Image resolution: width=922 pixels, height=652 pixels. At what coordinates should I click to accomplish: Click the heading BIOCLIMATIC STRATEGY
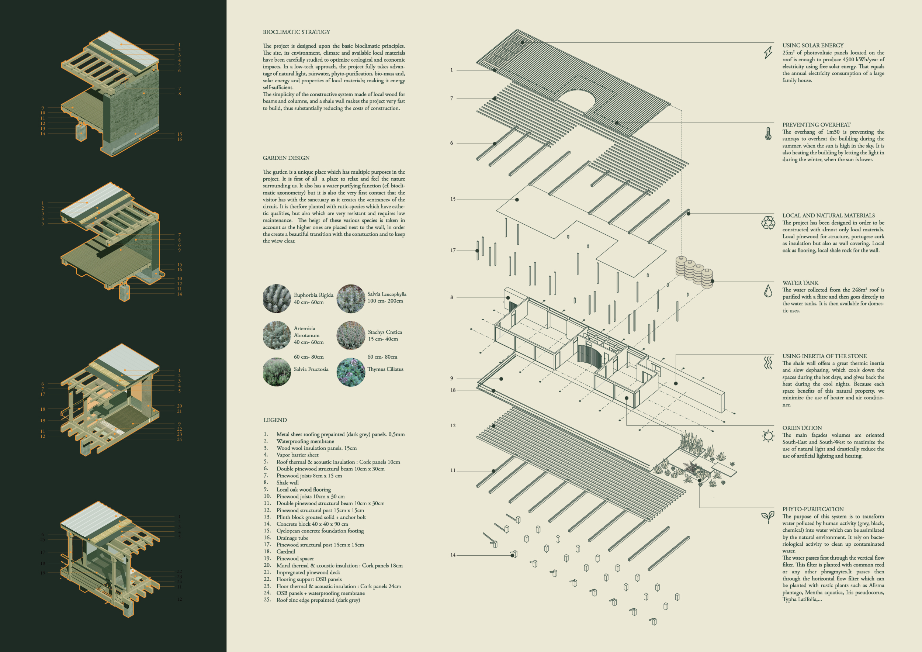click(x=297, y=32)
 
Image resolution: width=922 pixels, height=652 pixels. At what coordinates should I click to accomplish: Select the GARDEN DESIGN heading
click(x=286, y=158)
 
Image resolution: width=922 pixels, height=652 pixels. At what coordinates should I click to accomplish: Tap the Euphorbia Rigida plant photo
click(x=277, y=299)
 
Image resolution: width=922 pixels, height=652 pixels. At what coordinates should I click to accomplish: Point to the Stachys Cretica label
click(x=385, y=332)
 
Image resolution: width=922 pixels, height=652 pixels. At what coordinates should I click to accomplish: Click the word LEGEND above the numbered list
click(x=275, y=420)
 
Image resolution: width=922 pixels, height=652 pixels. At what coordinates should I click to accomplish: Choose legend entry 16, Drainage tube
click(x=292, y=538)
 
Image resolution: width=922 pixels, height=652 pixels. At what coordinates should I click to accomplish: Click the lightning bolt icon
click(x=768, y=52)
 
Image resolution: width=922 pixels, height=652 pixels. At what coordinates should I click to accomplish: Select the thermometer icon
click(x=768, y=134)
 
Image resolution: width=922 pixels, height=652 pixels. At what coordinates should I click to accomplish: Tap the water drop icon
click(x=768, y=291)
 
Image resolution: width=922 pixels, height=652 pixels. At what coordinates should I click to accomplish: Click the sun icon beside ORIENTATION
click(x=768, y=436)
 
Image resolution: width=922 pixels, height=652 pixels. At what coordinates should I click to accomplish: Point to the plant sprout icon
click(x=768, y=517)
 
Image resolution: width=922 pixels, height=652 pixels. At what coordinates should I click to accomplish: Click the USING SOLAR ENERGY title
click(x=813, y=45)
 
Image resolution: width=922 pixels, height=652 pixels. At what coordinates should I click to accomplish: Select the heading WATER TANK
click(x=800, y=283)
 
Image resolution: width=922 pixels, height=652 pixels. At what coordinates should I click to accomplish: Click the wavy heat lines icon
click(x=768, y=363)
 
